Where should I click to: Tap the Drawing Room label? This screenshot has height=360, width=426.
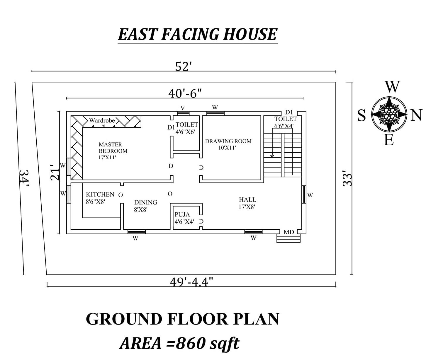pos(228,141)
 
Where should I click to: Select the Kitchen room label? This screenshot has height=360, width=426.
pos(100,194)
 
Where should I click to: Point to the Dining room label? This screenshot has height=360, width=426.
pos(145,202)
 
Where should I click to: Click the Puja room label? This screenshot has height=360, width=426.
pos(182,214)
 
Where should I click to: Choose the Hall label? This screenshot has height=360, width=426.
pos(247,200)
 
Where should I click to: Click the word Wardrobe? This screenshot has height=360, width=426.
pos(102,120)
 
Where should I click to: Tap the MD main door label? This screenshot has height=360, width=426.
pos(288,232)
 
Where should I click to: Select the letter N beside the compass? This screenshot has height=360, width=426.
pos(416,115)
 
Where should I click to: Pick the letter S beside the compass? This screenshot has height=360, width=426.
pos(362,116)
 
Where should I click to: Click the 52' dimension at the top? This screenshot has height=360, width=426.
pos(183,67)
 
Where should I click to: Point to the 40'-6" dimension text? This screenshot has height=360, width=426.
pos(185,93)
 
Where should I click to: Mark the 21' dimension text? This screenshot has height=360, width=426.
pos(55,172)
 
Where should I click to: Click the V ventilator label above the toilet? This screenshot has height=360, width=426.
pos(182,108)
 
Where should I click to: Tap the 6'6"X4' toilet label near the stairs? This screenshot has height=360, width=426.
pos(284,126)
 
